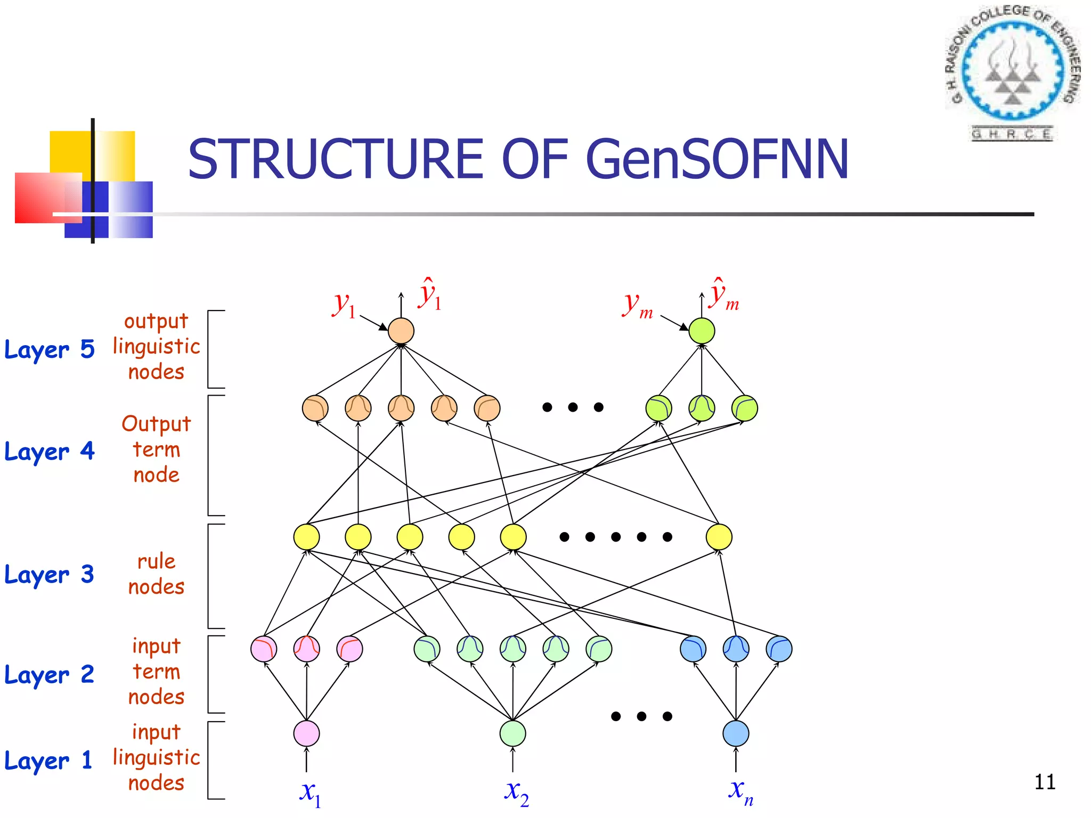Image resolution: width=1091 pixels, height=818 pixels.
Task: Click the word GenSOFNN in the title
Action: tap(717, 160)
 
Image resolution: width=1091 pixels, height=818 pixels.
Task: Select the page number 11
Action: tap(1045, 782)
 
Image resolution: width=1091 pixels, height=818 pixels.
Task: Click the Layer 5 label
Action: tap(49, 349)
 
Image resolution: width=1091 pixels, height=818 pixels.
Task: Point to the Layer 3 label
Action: tap(49, 575)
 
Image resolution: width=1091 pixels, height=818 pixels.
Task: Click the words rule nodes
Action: tap(156, 574)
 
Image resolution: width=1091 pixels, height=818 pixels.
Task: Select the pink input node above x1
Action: tap(306, 733)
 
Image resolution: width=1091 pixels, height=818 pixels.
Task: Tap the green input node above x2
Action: tap(512, 733)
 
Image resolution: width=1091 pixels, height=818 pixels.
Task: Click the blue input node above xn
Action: tap(736, 733)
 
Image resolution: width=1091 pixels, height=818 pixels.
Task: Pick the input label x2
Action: tap(516, 792)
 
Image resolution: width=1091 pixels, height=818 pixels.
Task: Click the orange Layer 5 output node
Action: tap(401, 331)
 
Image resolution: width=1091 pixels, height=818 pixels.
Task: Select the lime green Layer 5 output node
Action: tap(702, 331)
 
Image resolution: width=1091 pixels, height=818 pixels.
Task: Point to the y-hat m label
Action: tap(723, 296)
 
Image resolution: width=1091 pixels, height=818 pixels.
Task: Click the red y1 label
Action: tap(344, 305)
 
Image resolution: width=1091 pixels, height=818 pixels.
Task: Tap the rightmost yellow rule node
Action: tap(719, 537)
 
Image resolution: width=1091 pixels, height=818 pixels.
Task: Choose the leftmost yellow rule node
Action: tap(306, 537)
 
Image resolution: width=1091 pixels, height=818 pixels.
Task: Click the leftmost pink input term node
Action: tap(264, 649)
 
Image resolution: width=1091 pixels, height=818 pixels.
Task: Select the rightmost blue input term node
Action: tap(779, 649)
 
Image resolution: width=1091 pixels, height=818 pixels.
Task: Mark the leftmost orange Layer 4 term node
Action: tap(315, 408)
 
